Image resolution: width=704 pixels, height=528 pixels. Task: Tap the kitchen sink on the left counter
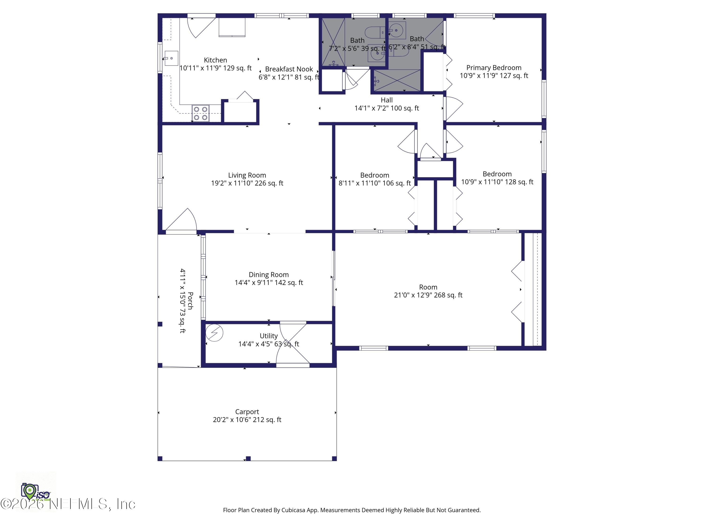(171, 58)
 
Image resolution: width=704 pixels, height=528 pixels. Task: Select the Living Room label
(247, 175)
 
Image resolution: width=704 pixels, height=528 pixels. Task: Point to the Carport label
(247, 412)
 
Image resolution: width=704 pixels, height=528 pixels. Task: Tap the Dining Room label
(269, 275)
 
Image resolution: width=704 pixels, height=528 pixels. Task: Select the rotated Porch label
(190, 301)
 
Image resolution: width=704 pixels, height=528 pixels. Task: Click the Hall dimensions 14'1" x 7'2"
(387, 108)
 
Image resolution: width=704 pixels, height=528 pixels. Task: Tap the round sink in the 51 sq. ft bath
(397, 31)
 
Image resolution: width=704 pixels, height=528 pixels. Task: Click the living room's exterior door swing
(183, 221)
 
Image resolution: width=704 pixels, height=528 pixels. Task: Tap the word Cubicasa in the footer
(293, 510)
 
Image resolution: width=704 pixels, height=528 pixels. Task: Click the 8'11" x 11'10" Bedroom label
(375, 175)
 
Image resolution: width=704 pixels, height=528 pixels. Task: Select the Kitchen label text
(215, 60)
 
